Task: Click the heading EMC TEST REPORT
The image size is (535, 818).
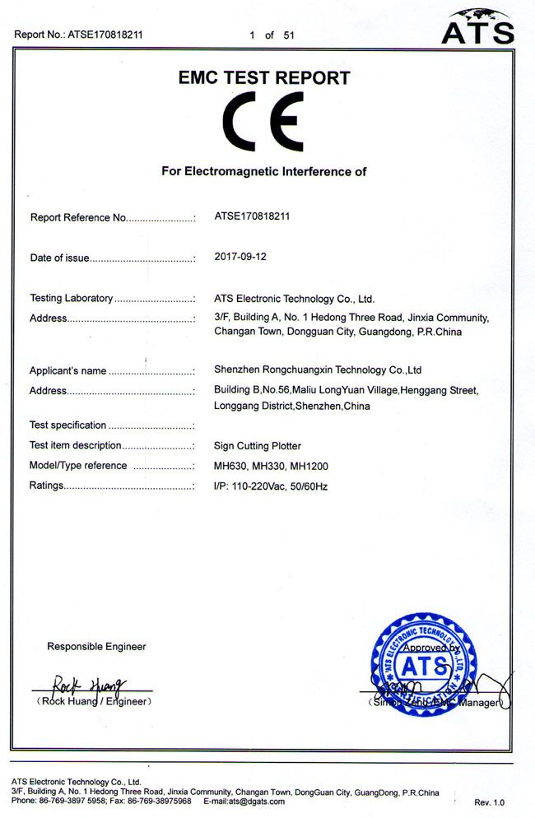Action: coord(264,78)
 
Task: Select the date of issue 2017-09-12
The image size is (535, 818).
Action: coord(240,257)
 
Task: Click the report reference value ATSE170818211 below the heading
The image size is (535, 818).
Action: coord(251,217)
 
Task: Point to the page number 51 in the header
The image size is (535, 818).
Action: coord(288,35)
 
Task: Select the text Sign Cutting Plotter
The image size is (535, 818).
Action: coord(258,445)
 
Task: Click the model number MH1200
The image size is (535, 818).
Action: coord(309,466)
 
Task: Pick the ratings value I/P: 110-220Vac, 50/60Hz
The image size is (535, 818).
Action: coord(271,486)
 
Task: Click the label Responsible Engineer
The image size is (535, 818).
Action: coord(96,647)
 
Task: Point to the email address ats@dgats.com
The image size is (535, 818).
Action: coord(257,801)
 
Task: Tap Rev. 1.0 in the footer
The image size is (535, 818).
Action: coord(489,802)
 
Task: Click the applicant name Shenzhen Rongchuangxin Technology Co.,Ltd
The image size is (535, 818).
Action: coord(318,370)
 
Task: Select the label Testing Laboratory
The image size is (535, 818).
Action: coord(71,298)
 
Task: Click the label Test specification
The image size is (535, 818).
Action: coord(67,425)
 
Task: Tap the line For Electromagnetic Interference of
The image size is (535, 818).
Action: coord(263,172)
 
